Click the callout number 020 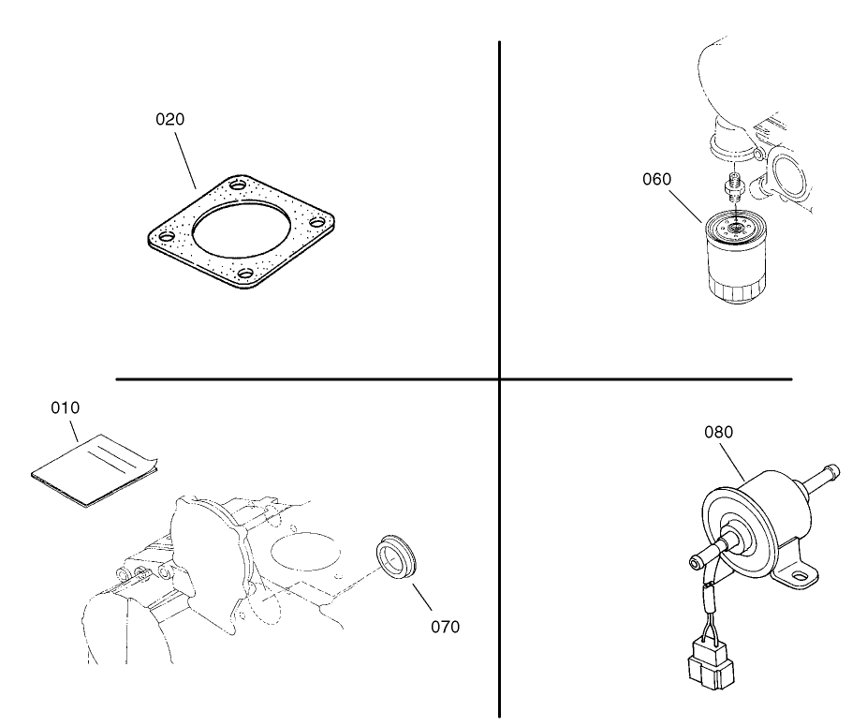(x=169, y=120)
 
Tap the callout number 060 (x=657, y=179)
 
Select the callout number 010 (x=66, y=408)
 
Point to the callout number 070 (x=445, y=627)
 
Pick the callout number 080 (x=718, y=432)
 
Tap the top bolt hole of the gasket (x=239, y=185)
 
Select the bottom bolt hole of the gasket (x=245, y=273)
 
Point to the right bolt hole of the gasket (x=317, y=222)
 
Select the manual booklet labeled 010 (x=95, y=470)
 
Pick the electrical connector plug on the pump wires (x=712, y=666)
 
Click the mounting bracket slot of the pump (x=800, y=576)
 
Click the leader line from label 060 (x=685, y=207)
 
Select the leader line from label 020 (x=185, y=160)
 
